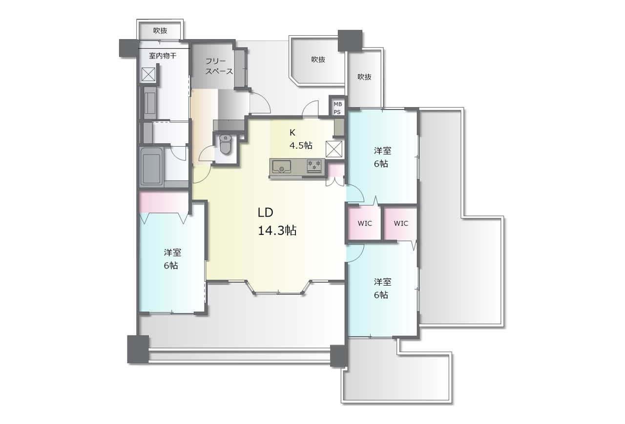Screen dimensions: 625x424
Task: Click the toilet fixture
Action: click(226, 144)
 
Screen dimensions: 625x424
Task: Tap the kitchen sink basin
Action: click(282, 167)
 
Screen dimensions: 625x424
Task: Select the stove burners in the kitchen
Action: click(314, 165)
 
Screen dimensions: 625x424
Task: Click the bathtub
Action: click(151, 167)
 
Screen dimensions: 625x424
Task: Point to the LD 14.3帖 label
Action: click(277, 222)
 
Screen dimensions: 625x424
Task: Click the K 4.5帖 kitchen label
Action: click(300, 139)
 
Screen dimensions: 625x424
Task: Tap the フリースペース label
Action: click(219, 66)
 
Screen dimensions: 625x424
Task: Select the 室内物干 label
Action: click(163, 56)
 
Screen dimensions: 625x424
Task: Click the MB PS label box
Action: click(337, 108)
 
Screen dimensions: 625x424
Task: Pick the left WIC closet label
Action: click(365, 223)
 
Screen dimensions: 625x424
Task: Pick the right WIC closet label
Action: click(401, 223)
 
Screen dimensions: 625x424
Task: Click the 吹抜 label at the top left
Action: click(160, 31)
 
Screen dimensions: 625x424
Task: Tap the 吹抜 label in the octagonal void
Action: click(318, 60)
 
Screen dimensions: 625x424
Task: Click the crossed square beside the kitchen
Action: click(334, 149)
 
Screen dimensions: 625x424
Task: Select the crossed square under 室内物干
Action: click(148, 74)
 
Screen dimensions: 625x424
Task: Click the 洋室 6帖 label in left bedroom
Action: click(172, 259)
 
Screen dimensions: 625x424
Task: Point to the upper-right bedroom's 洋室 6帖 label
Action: click(382, 157)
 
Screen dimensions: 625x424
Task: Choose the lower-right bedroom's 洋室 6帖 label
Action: click(382, 289)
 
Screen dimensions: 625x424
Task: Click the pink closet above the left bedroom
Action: click(164, 202)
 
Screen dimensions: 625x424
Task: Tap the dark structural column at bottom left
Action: click(138, 349)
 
